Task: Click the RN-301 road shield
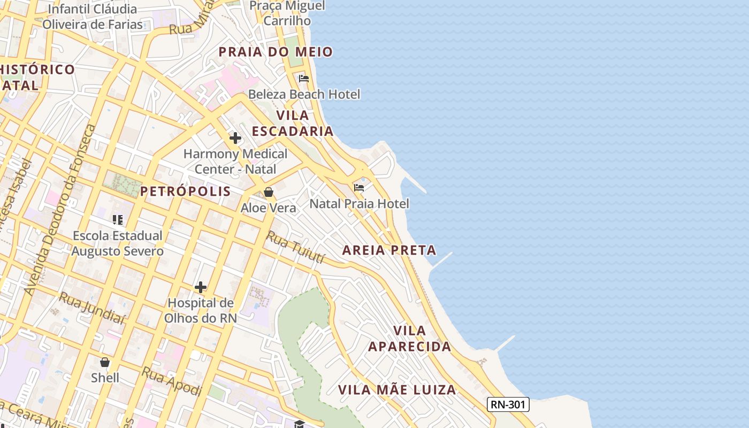(508, 404)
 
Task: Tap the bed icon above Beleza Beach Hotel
(304, 79)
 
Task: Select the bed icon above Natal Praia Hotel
(359, 188)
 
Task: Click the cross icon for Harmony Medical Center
(235, 138)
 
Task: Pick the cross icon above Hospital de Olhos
(201, 287)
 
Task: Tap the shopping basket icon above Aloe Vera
(269, 192)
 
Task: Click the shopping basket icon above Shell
(105, 362)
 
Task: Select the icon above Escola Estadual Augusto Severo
(118, 219)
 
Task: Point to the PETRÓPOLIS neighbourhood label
(185, 192)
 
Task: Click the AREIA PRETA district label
(389, 250)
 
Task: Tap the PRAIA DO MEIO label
(276, 52)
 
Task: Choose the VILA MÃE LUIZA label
(397, 389)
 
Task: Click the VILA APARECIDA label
(409, 339)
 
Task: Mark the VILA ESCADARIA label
(293, 123)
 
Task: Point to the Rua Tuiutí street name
(296, 247)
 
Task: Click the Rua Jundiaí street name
(91, 309)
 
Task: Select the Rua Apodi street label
(171, 381)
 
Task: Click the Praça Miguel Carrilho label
(287, 13)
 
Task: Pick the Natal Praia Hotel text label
(359, 203)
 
